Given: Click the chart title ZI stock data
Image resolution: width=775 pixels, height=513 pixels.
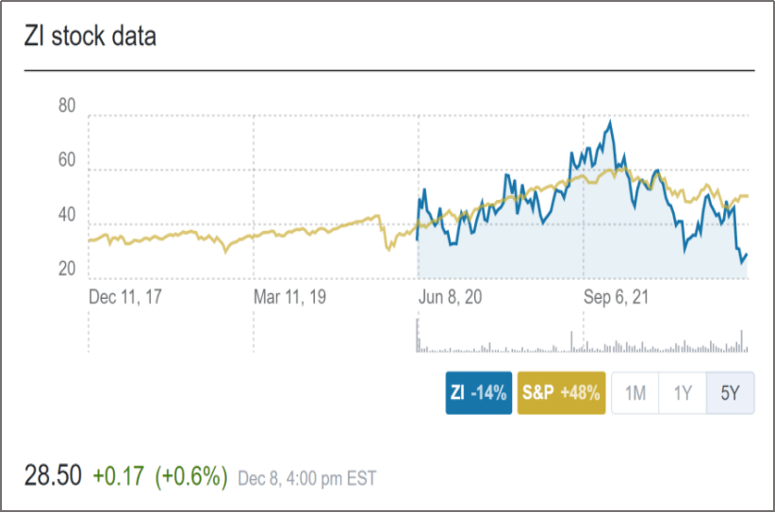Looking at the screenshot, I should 91,37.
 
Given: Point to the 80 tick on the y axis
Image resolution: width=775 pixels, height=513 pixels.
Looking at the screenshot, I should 66,106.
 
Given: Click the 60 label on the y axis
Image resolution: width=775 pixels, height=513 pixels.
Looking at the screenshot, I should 66,160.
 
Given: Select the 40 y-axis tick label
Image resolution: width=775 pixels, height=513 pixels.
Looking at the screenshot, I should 66,215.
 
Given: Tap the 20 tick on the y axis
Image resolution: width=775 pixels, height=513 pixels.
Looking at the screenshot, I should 66,270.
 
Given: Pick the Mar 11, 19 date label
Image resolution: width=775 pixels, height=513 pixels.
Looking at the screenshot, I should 291,297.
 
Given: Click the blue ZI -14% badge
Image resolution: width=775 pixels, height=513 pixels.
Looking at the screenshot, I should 479,393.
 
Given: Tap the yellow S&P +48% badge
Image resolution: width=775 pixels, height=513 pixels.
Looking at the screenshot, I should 561,393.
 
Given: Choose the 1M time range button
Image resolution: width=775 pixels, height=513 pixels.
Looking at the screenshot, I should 635,393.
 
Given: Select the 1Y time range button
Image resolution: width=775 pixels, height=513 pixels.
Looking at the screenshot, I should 683,393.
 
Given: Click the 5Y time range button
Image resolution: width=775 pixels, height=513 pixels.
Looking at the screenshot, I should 731,393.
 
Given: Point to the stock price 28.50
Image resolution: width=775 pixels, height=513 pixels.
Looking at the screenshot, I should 53,476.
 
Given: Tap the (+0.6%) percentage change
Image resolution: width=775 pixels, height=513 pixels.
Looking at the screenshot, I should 191,476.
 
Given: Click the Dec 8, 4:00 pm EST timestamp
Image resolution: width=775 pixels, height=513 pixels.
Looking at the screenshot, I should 306,478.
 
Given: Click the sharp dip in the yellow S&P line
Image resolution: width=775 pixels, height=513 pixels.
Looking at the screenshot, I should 387,249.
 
